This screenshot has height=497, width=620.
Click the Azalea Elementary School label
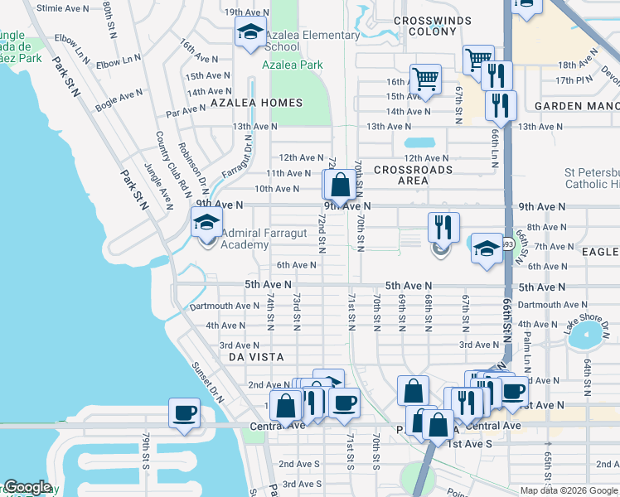[x=312, y=41]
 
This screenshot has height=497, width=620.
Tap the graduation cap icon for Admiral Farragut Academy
[x=207, y=223]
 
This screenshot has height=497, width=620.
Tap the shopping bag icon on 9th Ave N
[x=340, y=186]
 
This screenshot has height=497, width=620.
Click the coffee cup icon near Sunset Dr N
[x=183, y=412]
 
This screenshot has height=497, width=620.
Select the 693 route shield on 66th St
[x=507, y=244]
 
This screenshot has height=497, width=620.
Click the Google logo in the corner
[x=27, y=488]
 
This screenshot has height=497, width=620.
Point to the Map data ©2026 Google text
[x=569, y=490]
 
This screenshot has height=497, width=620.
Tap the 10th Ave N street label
[x=276, y=189]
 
